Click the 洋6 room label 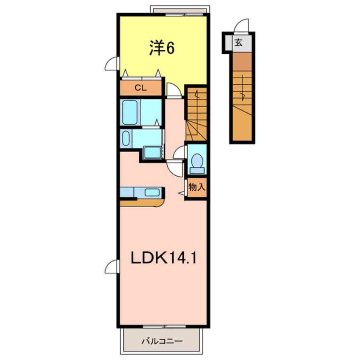(161, 49)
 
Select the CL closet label (140, 88)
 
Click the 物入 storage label (197, 187)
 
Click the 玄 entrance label (239, 43)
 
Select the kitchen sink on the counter (152, 192)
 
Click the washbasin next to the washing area (126, 138)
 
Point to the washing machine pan (151, 151)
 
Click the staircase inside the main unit (196, 113)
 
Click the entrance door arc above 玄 (242, 26)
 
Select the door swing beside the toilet (180, 152)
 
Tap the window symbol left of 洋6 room (111, 64)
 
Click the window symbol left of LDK (111, 267)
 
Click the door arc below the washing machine (174, 166)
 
